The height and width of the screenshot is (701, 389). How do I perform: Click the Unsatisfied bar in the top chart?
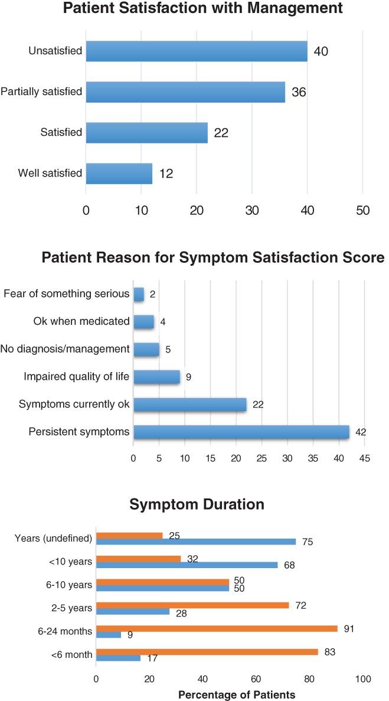196,51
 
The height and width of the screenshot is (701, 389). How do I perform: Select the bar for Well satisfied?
119,174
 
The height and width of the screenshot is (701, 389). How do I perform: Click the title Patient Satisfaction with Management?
195,8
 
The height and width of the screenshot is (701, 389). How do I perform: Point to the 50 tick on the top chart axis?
362,210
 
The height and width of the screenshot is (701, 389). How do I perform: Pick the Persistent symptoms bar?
241,432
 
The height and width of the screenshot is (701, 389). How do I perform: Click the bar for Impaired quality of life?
156,377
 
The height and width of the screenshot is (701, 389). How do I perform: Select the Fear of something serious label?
67,294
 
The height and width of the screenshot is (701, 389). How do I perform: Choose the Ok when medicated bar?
143,322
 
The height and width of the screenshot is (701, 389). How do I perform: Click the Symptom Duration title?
197,505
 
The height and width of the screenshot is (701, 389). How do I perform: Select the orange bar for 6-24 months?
216,628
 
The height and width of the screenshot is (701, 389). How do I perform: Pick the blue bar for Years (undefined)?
195,542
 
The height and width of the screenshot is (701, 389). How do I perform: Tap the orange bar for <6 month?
207,652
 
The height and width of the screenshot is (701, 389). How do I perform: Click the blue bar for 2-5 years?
132,611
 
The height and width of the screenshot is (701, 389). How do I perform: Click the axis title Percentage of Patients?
236,695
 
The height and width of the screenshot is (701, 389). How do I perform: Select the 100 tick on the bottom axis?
362,679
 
